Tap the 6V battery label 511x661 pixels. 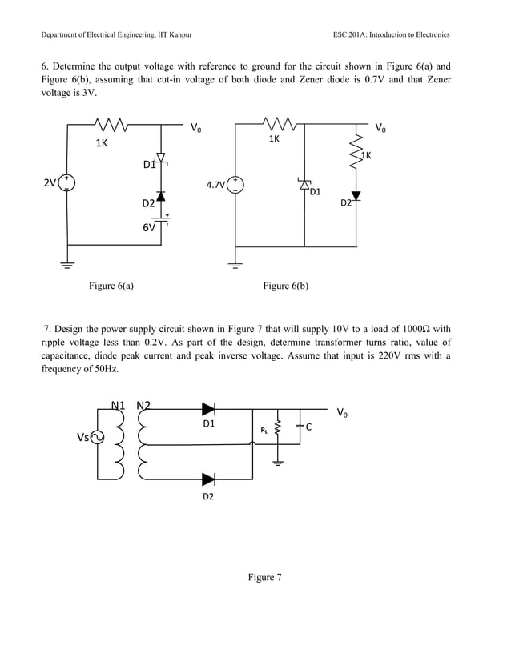149,228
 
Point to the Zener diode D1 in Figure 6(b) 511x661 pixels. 304,185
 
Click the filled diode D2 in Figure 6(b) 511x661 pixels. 356,196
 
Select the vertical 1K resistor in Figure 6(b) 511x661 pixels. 356,152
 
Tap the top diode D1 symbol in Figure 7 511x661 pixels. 208,409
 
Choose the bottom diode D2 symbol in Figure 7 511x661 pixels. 208,479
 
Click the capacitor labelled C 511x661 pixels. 300,427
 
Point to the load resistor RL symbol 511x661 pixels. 278,430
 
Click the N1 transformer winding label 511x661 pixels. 118,404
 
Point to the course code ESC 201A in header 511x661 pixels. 359,35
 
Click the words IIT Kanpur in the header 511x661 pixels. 174,35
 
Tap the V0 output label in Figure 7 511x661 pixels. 343,413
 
